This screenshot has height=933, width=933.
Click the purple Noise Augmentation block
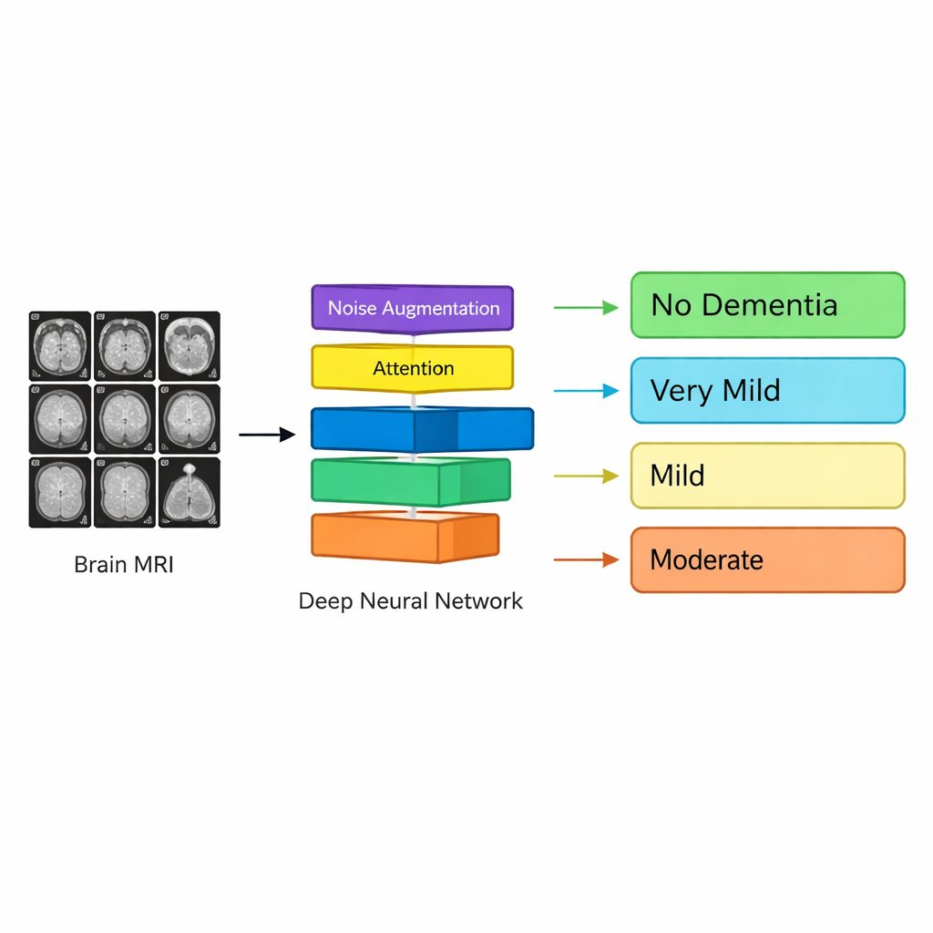(x=413, y=308)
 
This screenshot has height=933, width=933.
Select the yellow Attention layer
(x=413, y=368)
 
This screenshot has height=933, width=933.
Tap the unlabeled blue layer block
(x=422, y=428)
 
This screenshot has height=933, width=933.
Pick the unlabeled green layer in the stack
(x=411, y=480)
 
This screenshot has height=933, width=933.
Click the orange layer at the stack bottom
(x=405, y=537)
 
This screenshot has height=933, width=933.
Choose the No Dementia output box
(x=767, y=304)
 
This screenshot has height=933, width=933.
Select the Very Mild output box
(x=767, y=390)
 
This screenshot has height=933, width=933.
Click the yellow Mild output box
(x=767, y=475)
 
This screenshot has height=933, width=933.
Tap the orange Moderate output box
(x=767, y=559)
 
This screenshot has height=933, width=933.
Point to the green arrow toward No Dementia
(x=586, y=308)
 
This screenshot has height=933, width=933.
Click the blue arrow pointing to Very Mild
(x=586, y=392)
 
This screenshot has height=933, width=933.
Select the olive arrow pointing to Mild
(x=586, y=476)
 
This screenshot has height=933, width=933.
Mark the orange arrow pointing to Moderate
(x=586, y=559)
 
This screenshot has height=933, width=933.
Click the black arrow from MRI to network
(x=267, y=435)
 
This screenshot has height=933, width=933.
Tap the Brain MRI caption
(x=123, y=565)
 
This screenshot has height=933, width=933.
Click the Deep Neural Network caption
(x=411, y=601)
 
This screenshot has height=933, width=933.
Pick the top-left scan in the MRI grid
(x=60, y=345)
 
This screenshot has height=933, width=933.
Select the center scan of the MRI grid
(x=124, y=418)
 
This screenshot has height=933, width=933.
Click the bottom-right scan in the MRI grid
(x=189, y=492)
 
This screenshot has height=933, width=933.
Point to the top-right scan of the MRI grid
(x=189, y=345)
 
